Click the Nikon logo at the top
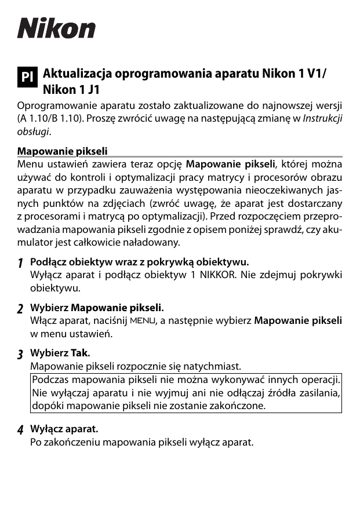(56, 28)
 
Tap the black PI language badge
(27, 77)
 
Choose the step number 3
(20, 354)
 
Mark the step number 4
(20, 431)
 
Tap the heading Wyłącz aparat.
(64, 429)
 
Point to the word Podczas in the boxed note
(51, 380)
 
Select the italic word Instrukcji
(322, 119)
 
